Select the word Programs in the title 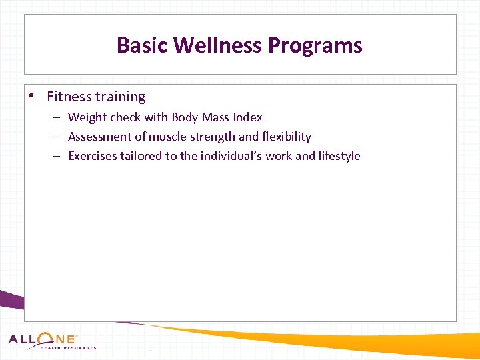(315, 45)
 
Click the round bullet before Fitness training (32, 97)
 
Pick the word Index (247, 117)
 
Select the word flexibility (287, 137)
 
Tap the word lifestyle (339, 156)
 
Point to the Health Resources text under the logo (68, 348)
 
